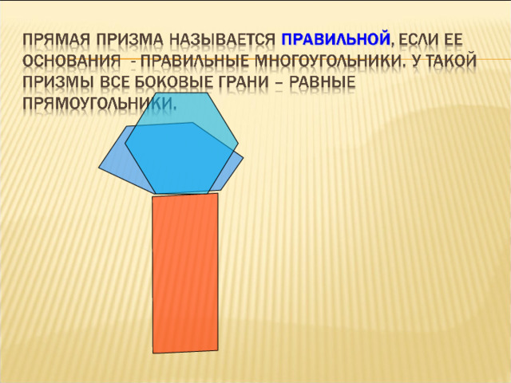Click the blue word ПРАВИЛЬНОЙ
click(336, 39)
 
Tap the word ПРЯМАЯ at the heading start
click(57, 41)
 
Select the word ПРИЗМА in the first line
click(129, 41)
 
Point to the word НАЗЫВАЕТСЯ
click(222, 41)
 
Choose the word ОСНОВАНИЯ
click(72, 61)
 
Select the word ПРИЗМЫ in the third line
click(58, 82)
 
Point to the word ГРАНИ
click(244, 82)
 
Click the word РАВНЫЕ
click(323, 82)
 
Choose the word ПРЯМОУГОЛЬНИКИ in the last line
click(99, 103)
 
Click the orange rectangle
click(185, 273)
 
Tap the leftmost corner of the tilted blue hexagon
click(99, 168)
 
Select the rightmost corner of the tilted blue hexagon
click(244, 158)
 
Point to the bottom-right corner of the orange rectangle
click(218, 350)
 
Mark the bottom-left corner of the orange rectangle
click(153, 353)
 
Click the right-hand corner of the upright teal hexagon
click(238, 143)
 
